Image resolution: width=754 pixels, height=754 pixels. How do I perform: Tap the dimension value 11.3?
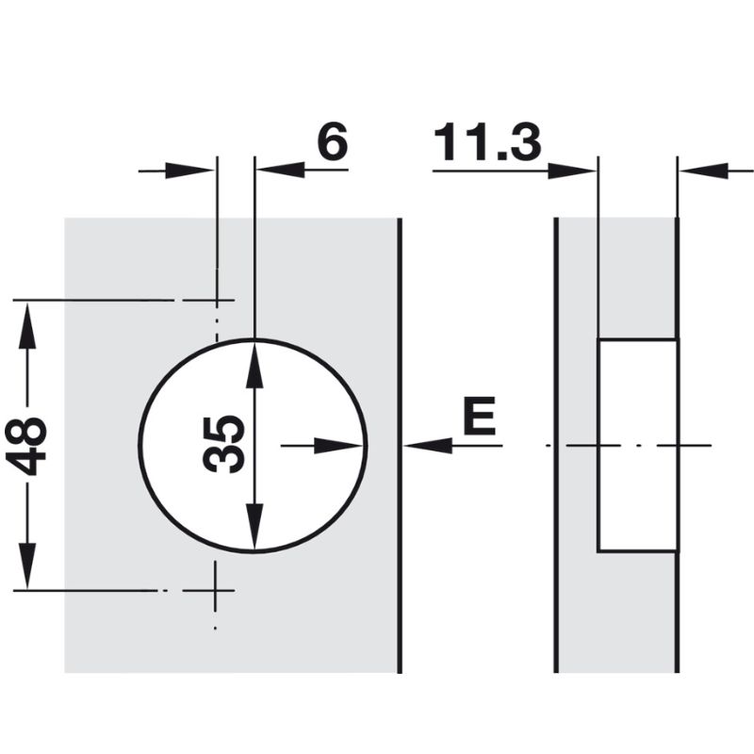487,144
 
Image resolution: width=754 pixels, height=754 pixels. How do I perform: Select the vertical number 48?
31,446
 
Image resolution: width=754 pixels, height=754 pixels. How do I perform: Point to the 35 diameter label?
225,444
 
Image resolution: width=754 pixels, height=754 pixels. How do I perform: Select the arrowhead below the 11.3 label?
573,171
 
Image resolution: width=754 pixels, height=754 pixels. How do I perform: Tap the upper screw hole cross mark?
217,302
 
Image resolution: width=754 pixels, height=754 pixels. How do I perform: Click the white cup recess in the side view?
637,444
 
